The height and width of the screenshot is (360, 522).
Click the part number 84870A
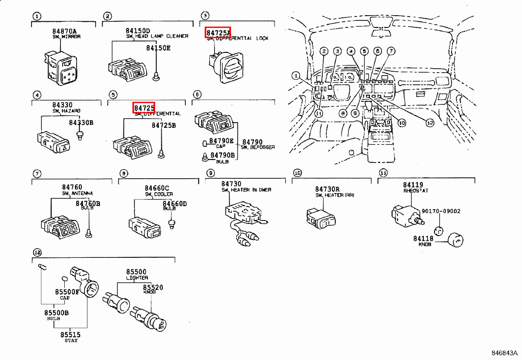64,31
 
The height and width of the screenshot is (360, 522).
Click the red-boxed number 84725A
218,32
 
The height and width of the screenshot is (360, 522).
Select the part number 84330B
81,123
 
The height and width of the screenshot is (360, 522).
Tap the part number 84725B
164,125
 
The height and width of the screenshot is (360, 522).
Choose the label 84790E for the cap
221,141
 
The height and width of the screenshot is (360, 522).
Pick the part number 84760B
88,203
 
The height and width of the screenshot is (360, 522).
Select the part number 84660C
157,188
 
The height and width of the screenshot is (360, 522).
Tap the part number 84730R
328,189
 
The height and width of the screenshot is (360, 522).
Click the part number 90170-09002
441,211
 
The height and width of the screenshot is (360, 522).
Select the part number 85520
153,288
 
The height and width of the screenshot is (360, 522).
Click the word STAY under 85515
70,340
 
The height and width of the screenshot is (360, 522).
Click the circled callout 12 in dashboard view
430,123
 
